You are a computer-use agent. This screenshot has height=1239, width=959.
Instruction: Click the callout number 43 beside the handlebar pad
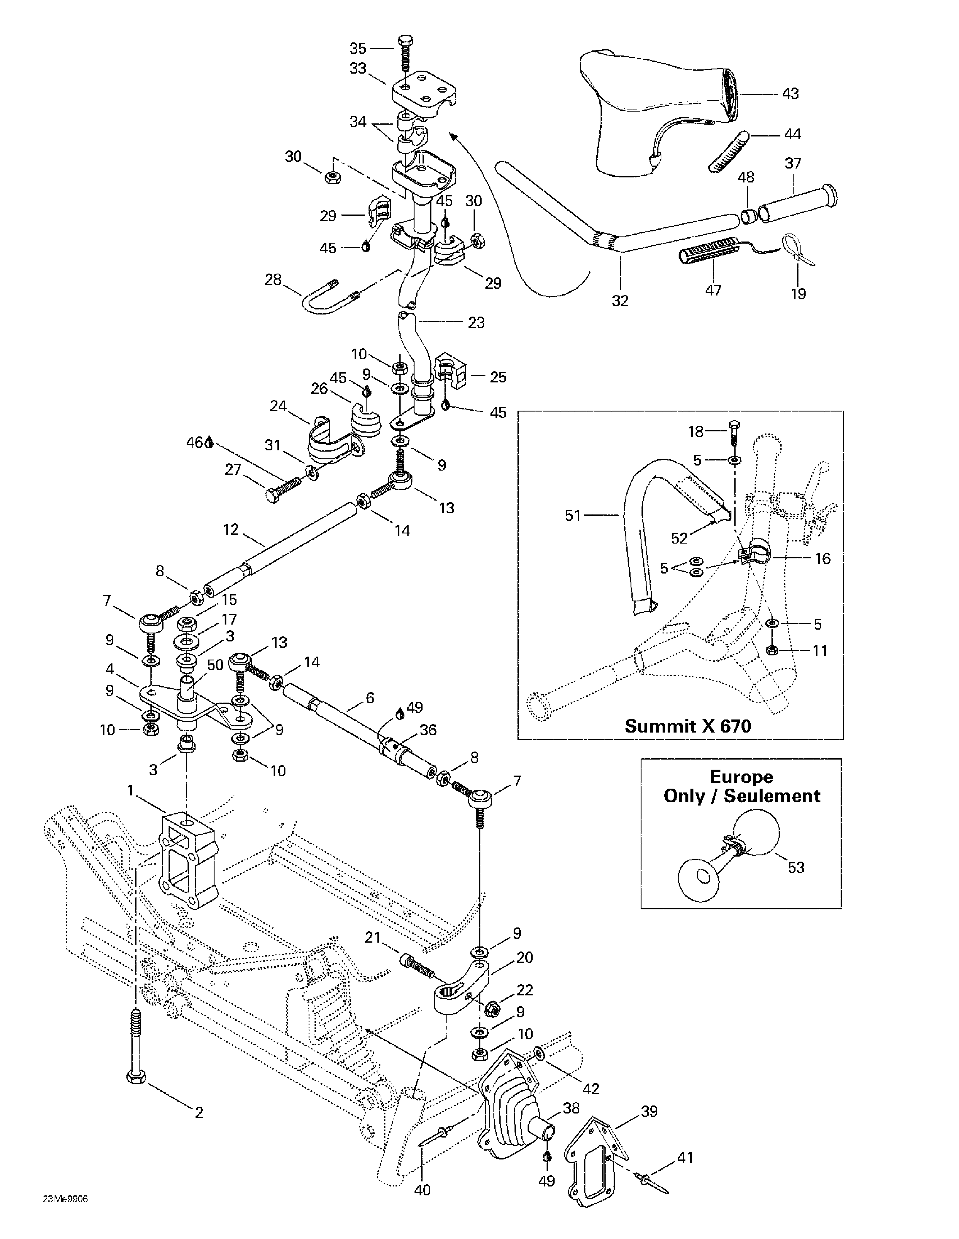click(790, 93)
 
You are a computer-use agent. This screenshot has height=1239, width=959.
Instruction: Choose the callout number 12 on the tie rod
click(231, 529)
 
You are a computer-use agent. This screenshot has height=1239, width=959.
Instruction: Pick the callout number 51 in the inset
click(573, 515)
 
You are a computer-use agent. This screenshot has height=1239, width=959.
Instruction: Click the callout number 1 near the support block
click(131, 790)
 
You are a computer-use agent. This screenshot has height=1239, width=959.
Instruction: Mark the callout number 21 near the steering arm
click(372, 937)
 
